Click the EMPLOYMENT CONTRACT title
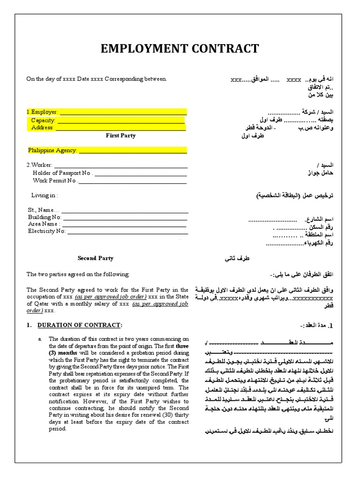pos(180,49)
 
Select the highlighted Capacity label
pos(43,120)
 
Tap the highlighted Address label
pos(43,127)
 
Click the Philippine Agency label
pos(52,150)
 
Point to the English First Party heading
pos(120,135)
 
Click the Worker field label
pos(39,165)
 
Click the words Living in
pos(45,195)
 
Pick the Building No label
pos(45,217)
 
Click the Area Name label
pos(44,224)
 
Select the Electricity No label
pos(46,231)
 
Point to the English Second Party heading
pos(95,258)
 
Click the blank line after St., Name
pos(124,210)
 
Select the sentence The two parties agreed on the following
pos(77,274)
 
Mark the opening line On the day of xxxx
pos(96,79)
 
